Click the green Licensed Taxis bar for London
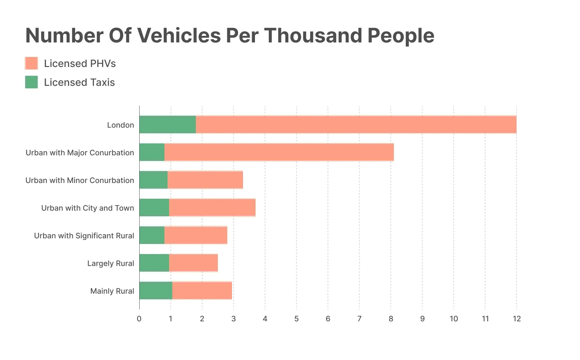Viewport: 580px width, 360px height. click(168, 125)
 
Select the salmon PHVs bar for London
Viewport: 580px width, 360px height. click(356, 125)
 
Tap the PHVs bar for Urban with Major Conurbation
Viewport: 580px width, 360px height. click(279, 152)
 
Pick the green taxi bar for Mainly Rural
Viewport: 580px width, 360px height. click(156, 291)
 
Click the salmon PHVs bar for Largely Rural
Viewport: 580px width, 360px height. click(193, 263)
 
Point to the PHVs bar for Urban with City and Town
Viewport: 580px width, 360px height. click(212, 208)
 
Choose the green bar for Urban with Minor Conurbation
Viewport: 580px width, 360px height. click(153, 180)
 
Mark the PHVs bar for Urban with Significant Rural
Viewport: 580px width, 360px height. click(196, 235)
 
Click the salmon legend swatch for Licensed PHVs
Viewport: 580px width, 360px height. click(31, 63)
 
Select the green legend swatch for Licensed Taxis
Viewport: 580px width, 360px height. click(31, 82)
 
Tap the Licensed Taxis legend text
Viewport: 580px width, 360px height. click(79, 82)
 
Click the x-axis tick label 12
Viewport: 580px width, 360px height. click(516, 319)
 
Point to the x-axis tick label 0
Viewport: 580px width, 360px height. click(139, 319)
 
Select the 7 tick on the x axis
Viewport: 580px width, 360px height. click(359, 319)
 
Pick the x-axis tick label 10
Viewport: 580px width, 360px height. click(454, 319)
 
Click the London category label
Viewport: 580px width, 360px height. click(120, 125)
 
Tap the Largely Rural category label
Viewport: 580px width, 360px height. click(111, 263)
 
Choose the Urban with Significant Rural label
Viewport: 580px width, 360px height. click(84, 236)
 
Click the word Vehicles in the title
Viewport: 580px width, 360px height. click(179, 36)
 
